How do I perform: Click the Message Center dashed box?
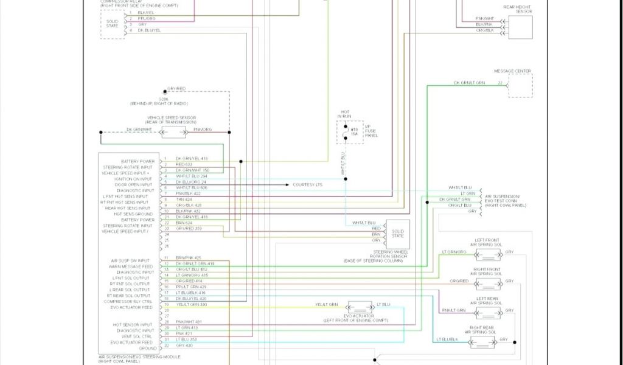coord(520,85)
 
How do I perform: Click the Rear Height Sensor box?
coord(520,26)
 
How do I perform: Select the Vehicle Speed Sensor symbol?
coord(173,132)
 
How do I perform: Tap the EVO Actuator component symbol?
coord(360,307)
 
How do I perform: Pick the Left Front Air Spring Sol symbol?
coord(488,254)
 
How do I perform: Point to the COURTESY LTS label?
coord(308,184)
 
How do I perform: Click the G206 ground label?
coord(164,99)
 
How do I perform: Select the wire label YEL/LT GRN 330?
coord(191,304)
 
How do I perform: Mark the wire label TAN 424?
coord(183,200)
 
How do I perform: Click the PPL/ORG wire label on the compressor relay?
coord(147,19)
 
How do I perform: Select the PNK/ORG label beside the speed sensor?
coord(203,130)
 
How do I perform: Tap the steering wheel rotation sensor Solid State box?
coord(397,234)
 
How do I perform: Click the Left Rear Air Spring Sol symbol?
coord(488,313)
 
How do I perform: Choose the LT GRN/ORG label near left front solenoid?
coord(454,252)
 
